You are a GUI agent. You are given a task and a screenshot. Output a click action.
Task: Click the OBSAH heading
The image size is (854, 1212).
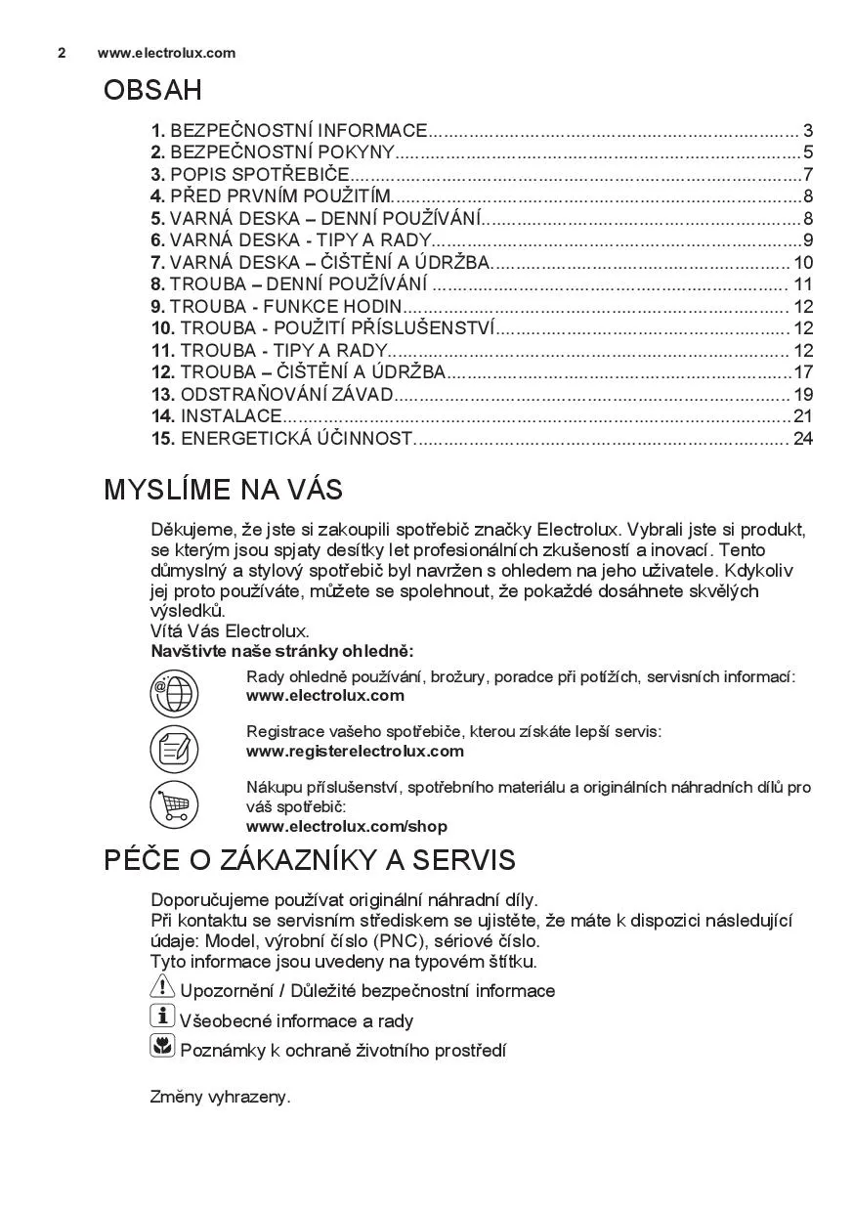[152, 91]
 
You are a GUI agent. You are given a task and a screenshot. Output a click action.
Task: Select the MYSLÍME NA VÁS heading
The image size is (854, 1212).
[223, 489]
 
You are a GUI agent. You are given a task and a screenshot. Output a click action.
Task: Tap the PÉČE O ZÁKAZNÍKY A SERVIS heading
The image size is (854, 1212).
[309, 860]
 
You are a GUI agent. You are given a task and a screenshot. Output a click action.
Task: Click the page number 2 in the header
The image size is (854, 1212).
[62, 53]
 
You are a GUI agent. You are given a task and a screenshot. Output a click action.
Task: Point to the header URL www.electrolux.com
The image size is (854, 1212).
[166, 53]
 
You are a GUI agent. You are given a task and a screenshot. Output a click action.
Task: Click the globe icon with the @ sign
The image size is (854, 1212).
[174, 695]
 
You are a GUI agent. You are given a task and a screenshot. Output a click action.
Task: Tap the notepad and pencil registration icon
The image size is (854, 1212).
[174, 751]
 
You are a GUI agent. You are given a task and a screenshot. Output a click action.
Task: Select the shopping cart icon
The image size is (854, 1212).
[174, 806]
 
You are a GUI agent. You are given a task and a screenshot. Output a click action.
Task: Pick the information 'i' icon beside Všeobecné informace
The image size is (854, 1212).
[162, 1017]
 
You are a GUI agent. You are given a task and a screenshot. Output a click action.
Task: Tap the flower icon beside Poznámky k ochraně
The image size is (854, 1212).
[162, 1048]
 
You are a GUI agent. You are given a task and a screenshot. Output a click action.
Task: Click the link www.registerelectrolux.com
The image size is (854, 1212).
[355, 752]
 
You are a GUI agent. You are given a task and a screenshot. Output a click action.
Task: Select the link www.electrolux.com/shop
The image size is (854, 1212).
[346, 827]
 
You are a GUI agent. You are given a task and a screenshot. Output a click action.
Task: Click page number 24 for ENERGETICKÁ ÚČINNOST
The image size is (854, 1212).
[803, 439]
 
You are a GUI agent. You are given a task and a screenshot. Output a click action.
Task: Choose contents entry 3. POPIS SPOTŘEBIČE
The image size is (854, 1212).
[250, 175]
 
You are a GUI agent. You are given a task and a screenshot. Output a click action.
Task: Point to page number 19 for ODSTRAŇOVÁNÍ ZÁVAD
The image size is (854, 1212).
[803, 395]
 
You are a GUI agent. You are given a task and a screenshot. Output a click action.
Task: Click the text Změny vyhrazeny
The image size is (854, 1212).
[220, 1097]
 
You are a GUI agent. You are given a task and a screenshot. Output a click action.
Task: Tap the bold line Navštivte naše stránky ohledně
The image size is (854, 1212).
[281, 651]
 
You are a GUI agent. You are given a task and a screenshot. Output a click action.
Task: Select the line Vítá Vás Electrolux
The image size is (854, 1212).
[230, 631]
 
